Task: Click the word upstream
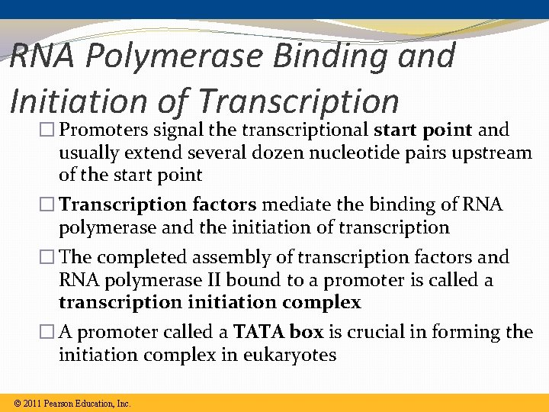coord(489,153)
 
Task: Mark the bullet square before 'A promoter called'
coord(49,333)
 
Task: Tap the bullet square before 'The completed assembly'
coord(49,258)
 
